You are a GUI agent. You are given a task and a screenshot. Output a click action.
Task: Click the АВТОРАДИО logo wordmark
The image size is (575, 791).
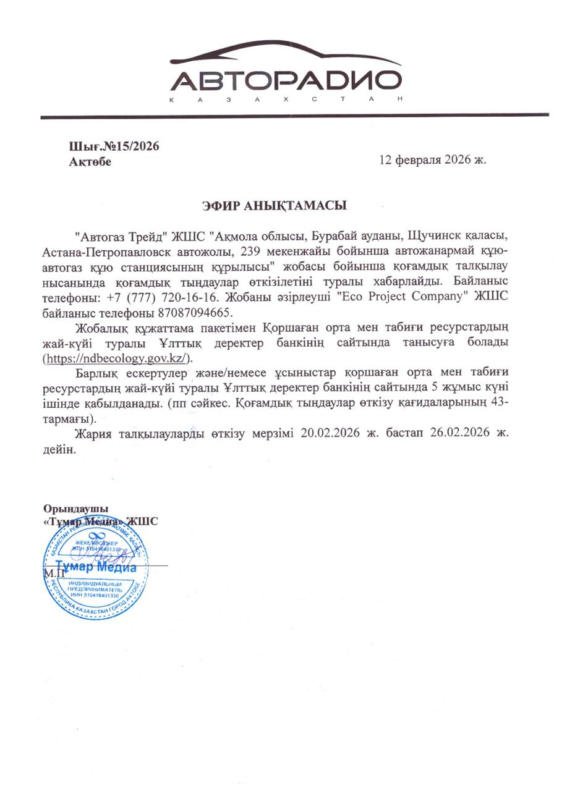pos(286,80)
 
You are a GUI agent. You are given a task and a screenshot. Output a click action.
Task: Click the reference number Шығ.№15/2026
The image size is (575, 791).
pos(114,146)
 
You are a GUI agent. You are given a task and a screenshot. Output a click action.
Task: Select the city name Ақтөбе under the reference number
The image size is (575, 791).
pos(90,162)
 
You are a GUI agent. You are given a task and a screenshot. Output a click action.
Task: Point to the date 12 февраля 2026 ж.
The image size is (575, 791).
pos(433,159)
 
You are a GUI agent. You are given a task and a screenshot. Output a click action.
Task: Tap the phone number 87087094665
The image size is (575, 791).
pos(195,311)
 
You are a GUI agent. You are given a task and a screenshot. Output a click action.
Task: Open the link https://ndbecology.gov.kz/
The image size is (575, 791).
pos(117,358)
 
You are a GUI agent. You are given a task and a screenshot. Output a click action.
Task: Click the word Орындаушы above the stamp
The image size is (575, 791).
pos(71,509)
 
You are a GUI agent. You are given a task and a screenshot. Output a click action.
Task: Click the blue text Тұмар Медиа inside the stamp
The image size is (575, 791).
pos(96,567)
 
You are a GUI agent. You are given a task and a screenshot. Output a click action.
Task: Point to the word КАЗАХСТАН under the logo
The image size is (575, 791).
pos(286,99)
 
